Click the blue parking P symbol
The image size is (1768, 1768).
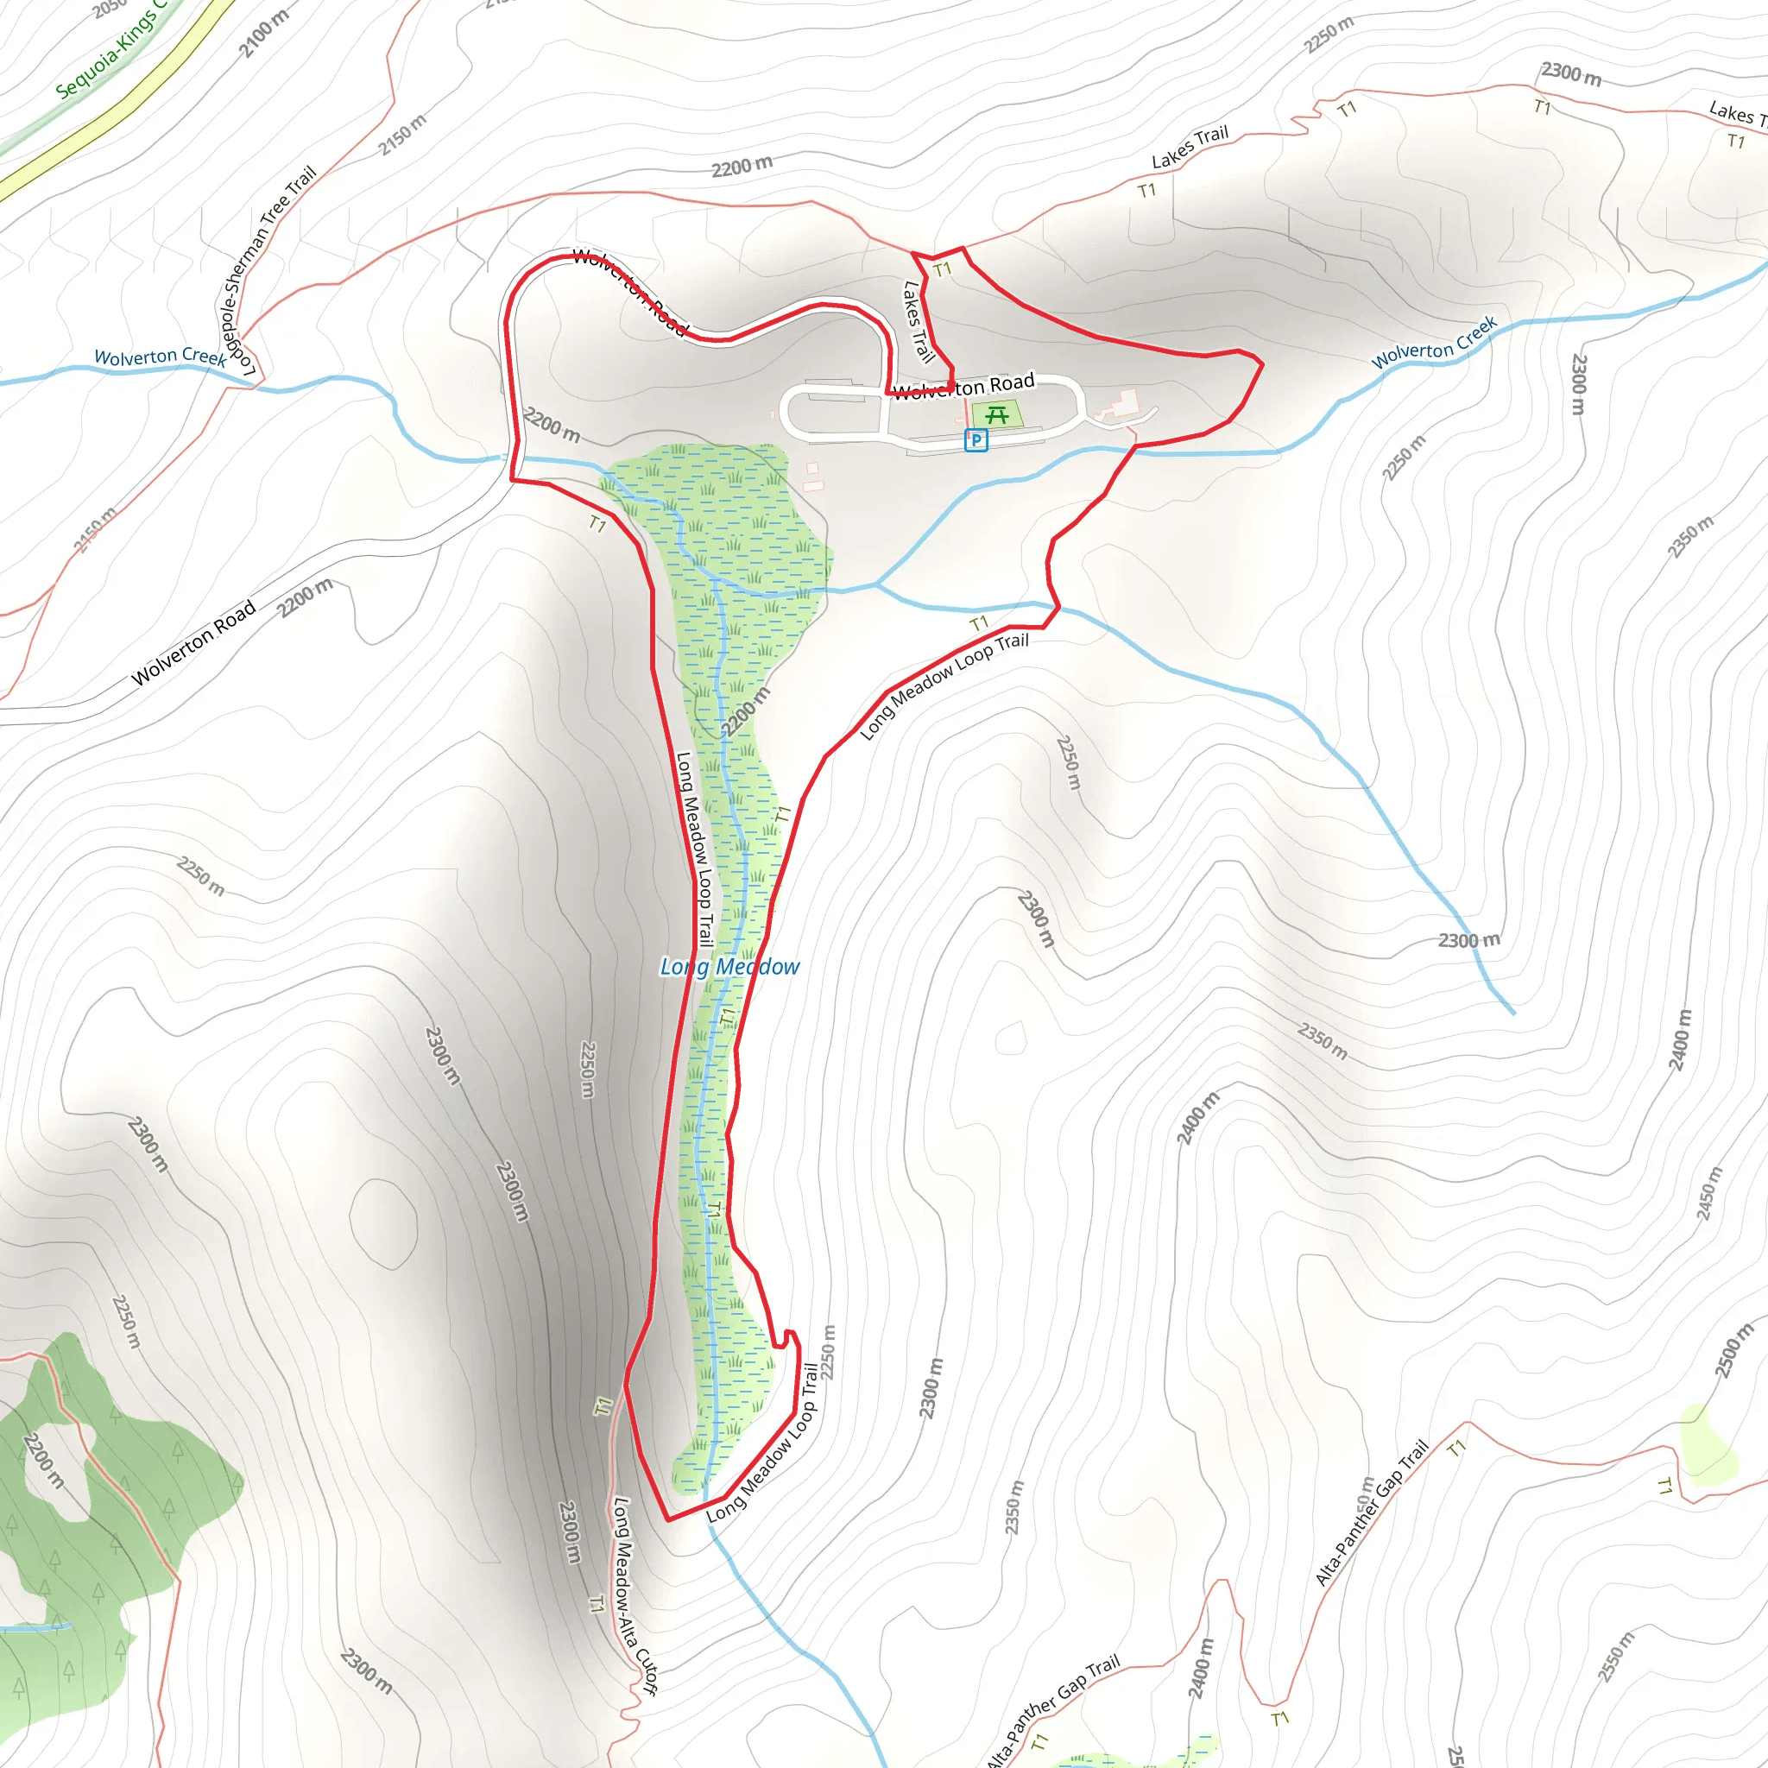click(x=976, y=440)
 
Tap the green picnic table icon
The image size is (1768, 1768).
click(x=996, y=414)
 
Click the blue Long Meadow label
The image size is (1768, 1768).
click(x=729, y=966)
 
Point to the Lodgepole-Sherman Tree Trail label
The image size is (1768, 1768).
click(x=266, y=271)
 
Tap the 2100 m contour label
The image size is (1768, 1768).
click(x=263, y=33)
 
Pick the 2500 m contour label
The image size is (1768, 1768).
click(x=1733, y=1350)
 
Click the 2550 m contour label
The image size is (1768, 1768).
click(x=1616, y=1657)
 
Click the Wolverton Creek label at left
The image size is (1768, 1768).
click(x=161, y=357)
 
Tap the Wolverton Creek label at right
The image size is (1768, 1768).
click(x=1434, y=342)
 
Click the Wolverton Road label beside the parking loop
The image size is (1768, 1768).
click(x=963, y=386)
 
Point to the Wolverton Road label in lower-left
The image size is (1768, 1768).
click(x=193, y=642)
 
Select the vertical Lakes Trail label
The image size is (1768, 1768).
click(x=918, y=321)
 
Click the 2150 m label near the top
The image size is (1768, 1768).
click(x=402, y=134)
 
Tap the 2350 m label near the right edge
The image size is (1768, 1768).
click(x=1689, y=536)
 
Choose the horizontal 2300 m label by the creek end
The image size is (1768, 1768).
click(x=1468, y=941)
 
